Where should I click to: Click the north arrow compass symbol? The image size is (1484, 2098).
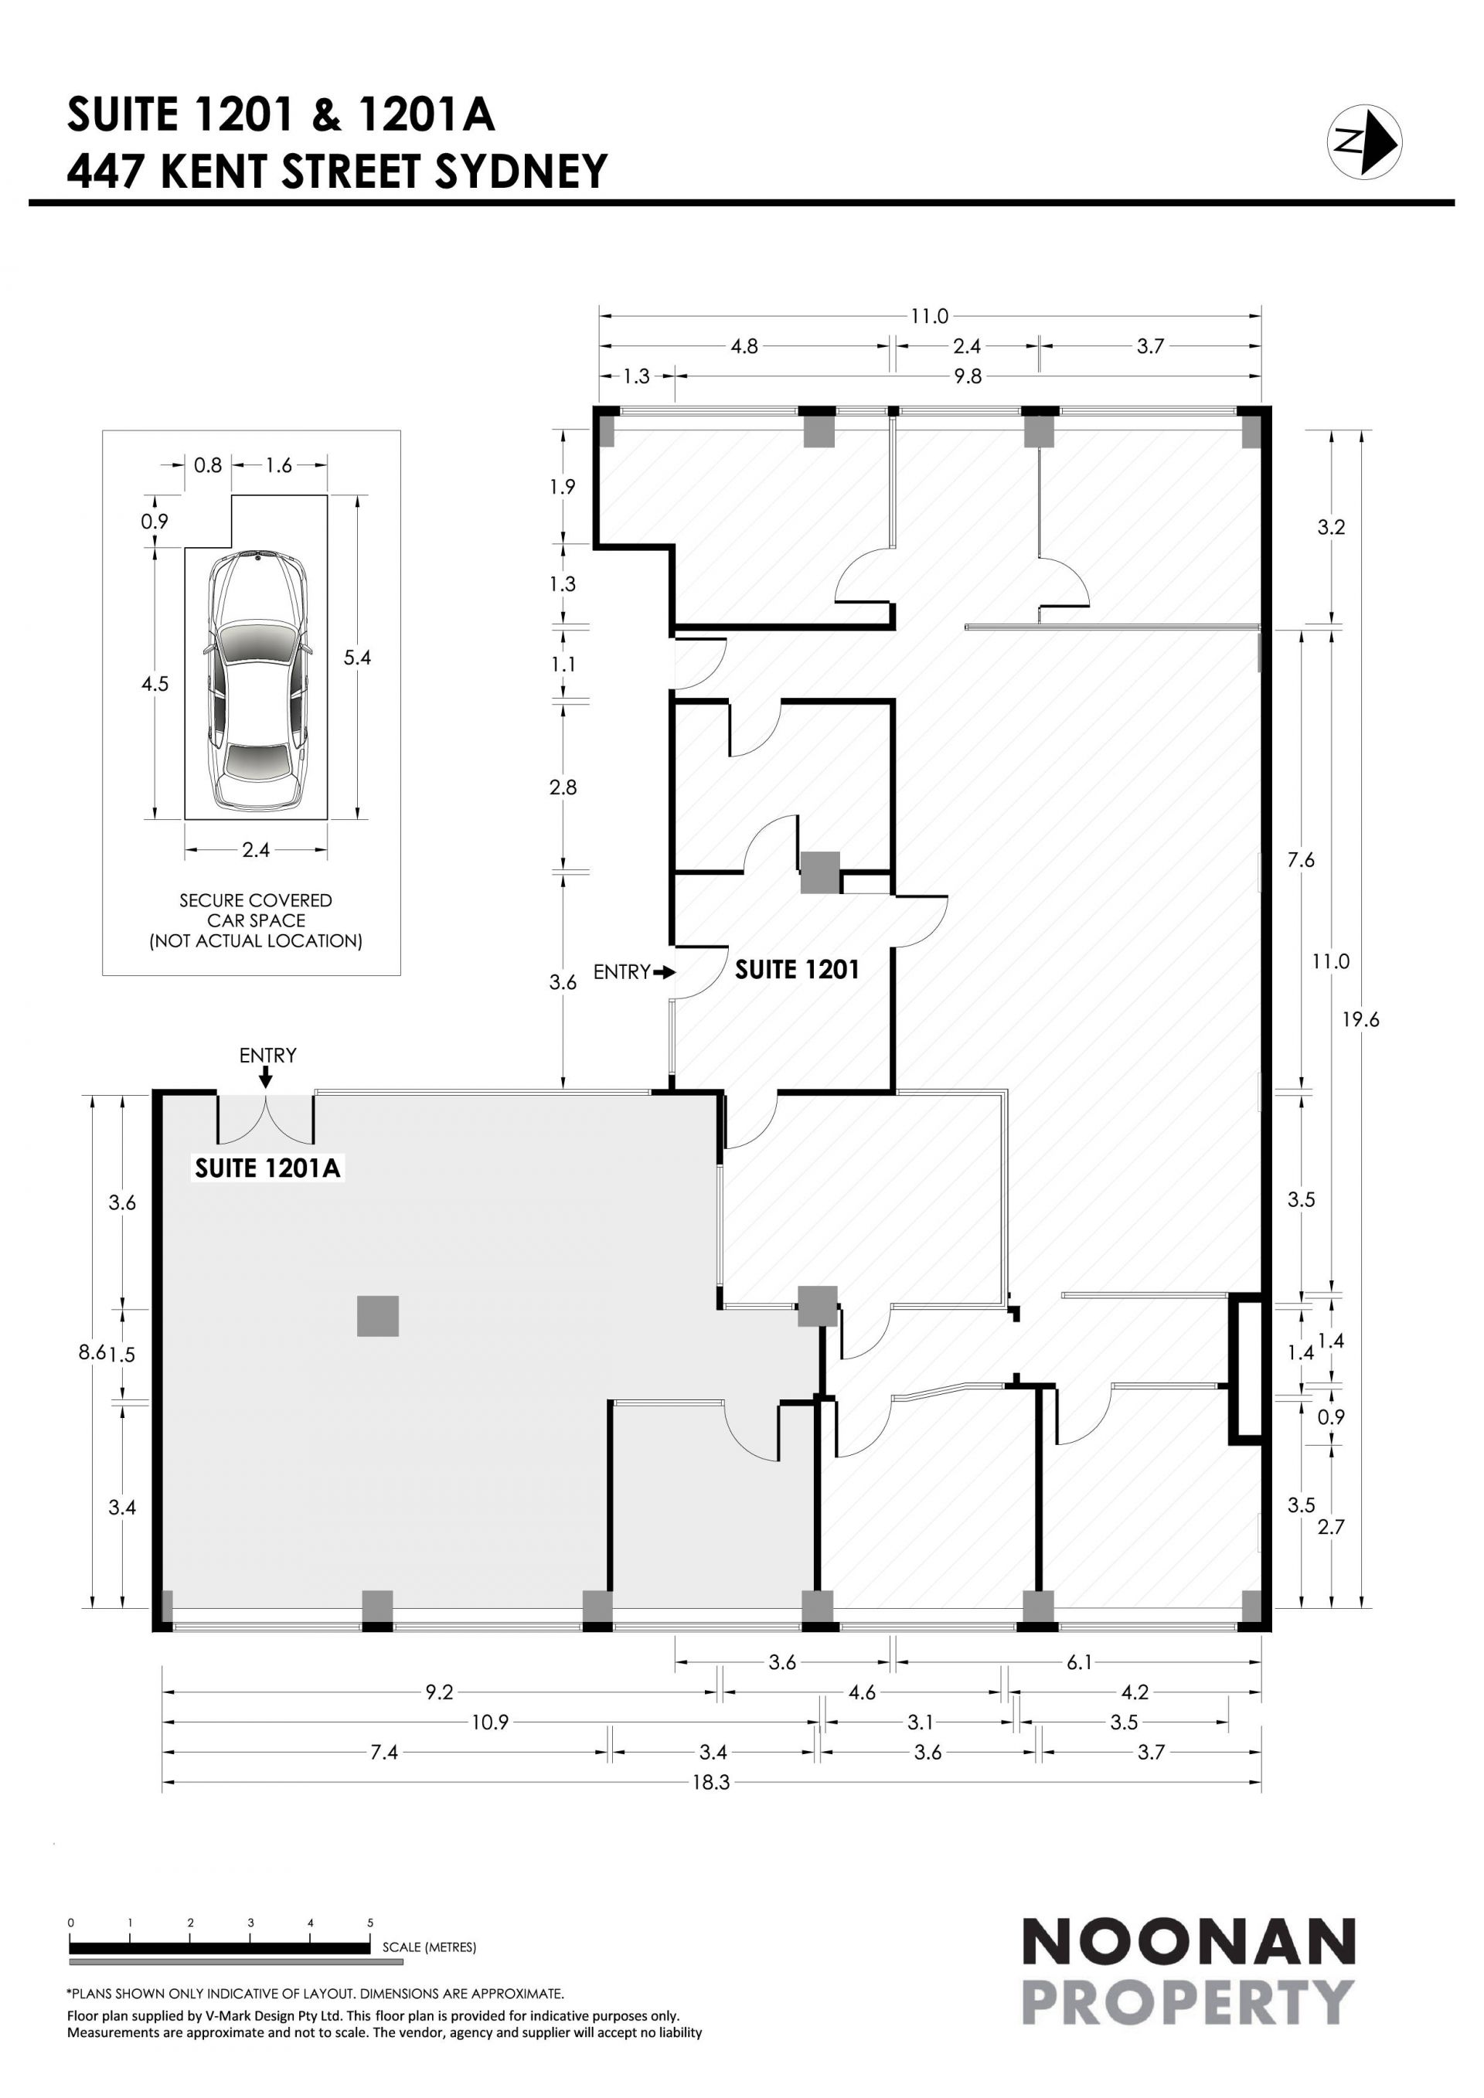1364,141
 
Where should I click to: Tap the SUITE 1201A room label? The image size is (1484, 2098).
267,1168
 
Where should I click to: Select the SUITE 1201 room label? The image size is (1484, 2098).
797,970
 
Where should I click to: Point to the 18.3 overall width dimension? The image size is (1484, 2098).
711,1782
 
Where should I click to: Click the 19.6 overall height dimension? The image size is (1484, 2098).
1360,1020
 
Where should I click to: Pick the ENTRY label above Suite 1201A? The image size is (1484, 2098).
267,1056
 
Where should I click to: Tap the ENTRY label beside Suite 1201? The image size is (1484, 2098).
621,972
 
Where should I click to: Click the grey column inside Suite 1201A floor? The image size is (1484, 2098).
377,1317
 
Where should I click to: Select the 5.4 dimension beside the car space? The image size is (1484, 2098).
357,657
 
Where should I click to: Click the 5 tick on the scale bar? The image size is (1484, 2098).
370,1923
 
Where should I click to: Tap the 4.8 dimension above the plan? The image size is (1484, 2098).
745,346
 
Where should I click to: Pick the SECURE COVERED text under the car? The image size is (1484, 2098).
256,900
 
